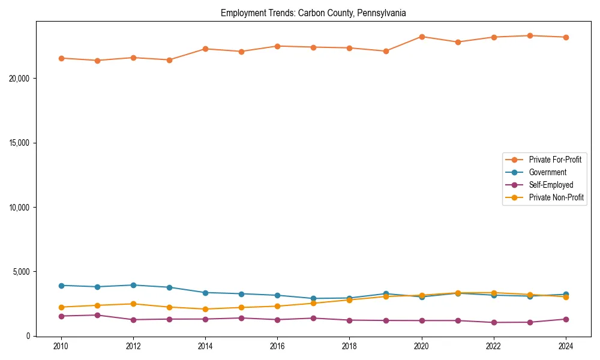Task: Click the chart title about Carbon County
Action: tap(313, 13)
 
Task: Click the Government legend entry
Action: tap(547, 172)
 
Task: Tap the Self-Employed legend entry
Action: tap(551, 185)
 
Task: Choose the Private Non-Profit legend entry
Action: tap(556, 197)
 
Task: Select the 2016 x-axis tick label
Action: tap(277, 346)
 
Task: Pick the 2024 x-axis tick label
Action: tap(566, 346)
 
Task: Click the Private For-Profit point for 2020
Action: tap(422, 37)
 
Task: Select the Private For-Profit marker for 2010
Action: tap(61, 58)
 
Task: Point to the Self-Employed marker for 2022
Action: tap(494, 322)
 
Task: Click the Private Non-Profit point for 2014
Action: tap(205, 309)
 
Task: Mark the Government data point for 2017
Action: tap(313, 298)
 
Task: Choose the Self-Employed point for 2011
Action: tap(97, 315)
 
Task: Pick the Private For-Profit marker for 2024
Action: tap(566, 37)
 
